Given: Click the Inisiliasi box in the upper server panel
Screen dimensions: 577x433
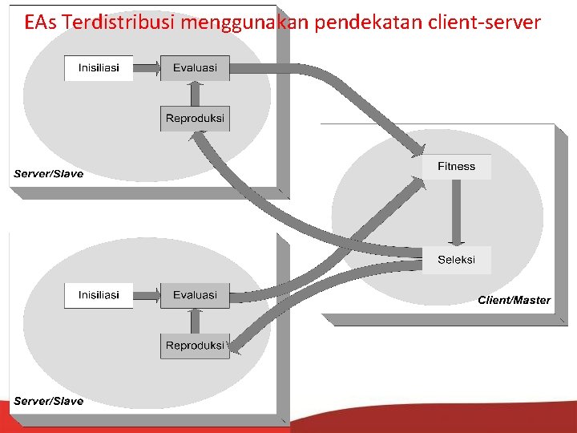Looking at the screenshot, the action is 99,68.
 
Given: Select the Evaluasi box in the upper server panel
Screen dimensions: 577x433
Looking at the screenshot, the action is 195,68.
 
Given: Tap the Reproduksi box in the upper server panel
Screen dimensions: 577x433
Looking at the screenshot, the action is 195,119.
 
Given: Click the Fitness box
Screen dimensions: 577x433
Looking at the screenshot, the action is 456,167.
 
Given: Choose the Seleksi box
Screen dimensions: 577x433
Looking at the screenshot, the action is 456,260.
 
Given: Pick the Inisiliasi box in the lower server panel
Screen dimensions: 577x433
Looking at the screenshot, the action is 99,295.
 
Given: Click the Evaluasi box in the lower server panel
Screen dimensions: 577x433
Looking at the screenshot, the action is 195,295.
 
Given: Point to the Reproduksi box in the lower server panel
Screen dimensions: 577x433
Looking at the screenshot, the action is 195,346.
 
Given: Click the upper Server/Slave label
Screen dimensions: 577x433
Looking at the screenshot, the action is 48,174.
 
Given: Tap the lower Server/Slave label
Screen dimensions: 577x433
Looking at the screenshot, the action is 48,401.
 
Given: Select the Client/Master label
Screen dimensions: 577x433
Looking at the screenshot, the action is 514,301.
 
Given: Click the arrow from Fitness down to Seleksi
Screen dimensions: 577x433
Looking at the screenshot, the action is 456,212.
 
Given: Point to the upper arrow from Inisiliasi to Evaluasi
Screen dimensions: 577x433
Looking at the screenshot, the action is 147,68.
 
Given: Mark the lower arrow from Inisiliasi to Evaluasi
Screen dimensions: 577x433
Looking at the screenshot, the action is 147,295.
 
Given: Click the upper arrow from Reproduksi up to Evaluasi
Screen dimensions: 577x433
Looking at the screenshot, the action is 195,94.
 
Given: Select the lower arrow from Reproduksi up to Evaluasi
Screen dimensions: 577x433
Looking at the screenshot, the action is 195,321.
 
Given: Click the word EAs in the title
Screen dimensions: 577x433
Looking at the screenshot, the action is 40,22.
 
